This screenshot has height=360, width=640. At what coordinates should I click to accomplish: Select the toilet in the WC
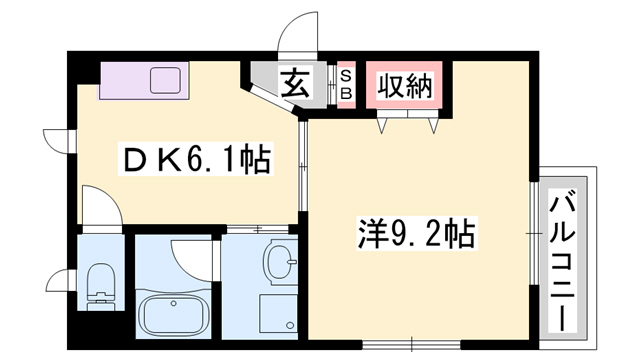[x=100, y=284]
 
